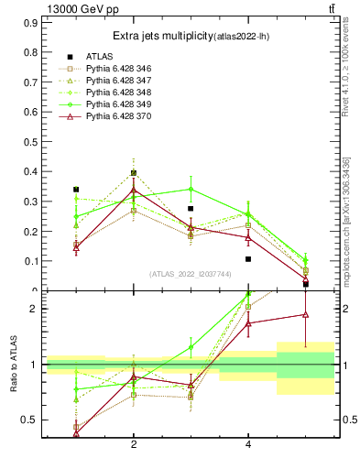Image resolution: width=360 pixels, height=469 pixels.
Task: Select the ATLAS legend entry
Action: [101, 57]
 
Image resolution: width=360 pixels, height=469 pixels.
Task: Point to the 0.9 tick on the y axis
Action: [29, 21]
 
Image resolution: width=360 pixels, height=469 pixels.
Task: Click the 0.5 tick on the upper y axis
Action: [29, 141]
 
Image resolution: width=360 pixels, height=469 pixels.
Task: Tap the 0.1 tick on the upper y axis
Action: [29, 261]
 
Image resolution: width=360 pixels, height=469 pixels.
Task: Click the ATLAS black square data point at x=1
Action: [76, 190]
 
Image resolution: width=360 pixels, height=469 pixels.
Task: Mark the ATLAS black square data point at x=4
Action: [248, 259]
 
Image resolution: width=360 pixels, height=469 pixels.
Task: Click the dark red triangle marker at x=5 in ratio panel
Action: [305, 314]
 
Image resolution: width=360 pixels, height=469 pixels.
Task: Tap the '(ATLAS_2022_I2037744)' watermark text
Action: [190, 274]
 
